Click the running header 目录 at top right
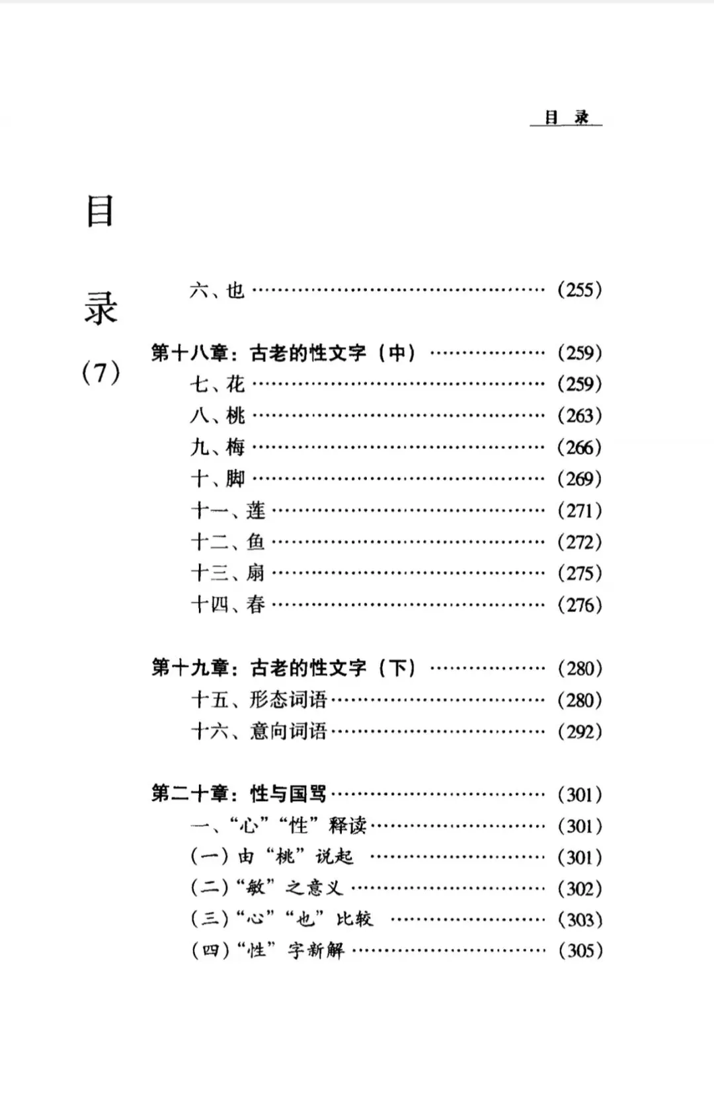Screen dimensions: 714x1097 click(566, 118)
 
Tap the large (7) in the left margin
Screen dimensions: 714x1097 click(100, 373)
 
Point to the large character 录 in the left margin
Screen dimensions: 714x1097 click(100, 307)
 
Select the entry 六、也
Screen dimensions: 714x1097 click(217, 290)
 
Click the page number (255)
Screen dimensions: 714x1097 click(579, 290)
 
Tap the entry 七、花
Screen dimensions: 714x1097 click(217, 384)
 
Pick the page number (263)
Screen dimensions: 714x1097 click(579, 416)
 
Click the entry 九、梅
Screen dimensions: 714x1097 click(217, 447)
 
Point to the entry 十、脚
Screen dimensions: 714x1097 click(217, 478)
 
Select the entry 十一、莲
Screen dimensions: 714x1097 click(227, 510)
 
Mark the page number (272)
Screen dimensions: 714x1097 click(579, 542)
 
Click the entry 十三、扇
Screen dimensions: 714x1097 click(227, 573)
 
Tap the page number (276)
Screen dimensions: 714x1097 click(579, 605)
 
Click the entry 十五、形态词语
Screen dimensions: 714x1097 click(258, 700)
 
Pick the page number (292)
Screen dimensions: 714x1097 click(579, 732)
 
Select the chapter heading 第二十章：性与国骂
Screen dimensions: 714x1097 click(239, 794)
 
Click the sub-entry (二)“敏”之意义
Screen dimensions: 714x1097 click(267, 888)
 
